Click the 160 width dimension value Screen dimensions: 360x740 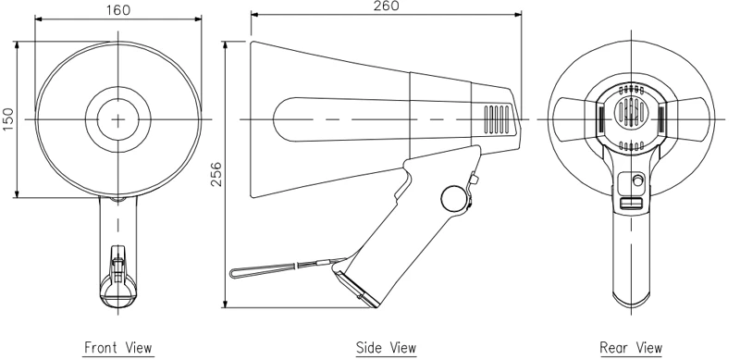(x=117, y=10)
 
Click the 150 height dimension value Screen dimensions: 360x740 (x=8, y=118)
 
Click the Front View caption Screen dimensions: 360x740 (x=118, y=348)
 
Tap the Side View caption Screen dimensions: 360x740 (x=386, y=348)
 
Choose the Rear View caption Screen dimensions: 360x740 (x=631, y=348)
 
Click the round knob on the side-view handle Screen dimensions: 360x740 (x=454, y=198)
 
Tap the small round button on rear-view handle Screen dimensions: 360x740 (x=636, y=180)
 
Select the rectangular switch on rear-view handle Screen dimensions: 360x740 (x=631, y=204)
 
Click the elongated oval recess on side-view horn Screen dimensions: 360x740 (x=342, y=119)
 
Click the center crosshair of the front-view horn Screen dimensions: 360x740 (x=118, y=118)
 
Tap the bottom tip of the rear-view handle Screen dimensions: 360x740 (x=631, y=306)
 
